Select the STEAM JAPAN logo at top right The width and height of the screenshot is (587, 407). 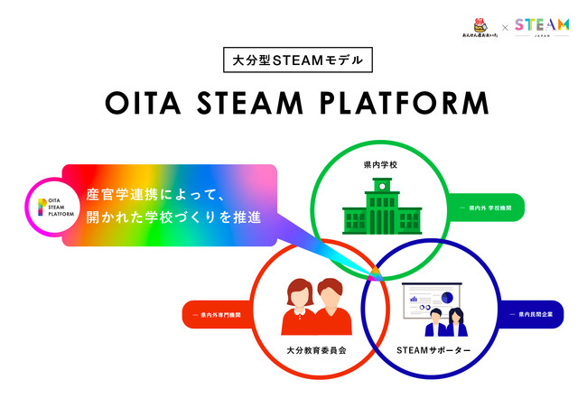coord(542,26)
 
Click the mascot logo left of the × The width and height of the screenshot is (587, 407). coord(474,26)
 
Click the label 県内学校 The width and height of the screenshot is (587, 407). coord(379,167)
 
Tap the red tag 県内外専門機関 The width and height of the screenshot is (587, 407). coord(223,314)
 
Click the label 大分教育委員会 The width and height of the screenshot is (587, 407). coord(311,348)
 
